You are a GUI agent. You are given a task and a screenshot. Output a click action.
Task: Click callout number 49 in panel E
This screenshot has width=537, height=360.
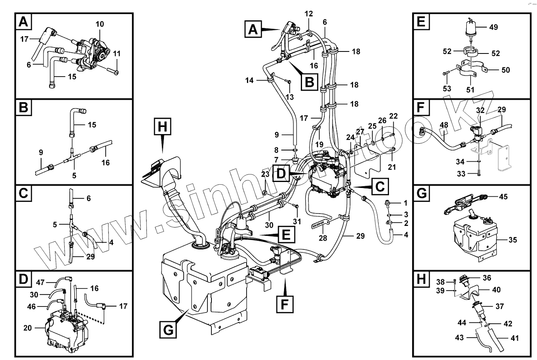coord(494,28)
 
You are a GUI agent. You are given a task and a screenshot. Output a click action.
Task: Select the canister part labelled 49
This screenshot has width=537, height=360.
coord(472,29)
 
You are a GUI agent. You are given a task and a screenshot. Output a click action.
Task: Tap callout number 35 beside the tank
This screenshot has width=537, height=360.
coord(513,240)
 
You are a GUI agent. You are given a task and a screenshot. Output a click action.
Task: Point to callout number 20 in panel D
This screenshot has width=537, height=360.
coord(28,328)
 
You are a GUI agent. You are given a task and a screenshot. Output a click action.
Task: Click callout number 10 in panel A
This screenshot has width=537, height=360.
coord(99,24)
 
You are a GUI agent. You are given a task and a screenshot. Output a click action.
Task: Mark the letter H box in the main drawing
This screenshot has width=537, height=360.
coord(162,127)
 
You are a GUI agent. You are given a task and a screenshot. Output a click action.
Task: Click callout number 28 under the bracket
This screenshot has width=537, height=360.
coord(322,238)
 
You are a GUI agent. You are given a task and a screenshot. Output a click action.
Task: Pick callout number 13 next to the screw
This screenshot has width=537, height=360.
coord(289,97)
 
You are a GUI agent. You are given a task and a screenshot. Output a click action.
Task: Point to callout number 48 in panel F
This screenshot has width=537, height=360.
coord(444,125)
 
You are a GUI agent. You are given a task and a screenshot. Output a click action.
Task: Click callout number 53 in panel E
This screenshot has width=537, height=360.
coord(447,87)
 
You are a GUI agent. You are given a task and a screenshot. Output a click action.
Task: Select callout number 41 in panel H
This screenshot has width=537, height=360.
coord(515,338)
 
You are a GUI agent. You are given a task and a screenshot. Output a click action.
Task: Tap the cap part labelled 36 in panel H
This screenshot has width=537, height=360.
coord(464,279)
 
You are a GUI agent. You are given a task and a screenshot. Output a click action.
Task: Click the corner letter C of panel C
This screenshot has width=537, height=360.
coord(24,194)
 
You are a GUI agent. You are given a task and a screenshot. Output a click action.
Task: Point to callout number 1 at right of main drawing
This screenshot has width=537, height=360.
coord(406,203)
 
